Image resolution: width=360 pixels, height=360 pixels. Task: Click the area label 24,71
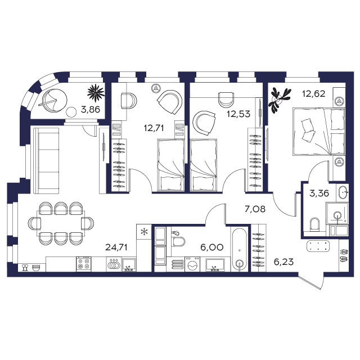116,247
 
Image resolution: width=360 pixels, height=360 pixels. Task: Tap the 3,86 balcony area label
91,110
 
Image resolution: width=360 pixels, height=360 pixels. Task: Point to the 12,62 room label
314,94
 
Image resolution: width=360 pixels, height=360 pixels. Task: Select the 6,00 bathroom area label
211,247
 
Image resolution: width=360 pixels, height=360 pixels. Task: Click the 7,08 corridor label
255,209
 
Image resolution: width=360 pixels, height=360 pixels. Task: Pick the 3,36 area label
319,193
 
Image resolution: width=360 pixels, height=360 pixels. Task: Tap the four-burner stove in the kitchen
84,264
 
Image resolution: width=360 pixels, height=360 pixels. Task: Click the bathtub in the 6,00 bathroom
240,250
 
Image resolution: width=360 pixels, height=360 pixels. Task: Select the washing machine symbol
192,264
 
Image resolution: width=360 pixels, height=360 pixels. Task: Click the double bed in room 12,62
319,132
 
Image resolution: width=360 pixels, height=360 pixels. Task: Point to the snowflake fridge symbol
144,232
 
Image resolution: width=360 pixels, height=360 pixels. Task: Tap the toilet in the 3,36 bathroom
314,224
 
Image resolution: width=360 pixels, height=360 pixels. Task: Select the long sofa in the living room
46,161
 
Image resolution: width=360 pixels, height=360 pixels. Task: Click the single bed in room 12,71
171,165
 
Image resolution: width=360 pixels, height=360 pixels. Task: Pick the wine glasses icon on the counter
25,268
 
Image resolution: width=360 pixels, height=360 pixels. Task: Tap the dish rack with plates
114,264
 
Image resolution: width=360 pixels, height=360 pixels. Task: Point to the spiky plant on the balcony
96,93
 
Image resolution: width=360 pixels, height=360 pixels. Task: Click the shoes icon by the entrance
344,255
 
